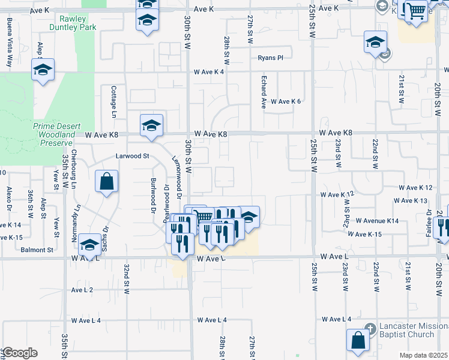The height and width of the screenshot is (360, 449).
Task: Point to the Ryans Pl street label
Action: tap(270, 58)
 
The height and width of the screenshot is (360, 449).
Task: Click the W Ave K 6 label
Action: tap(285, 101)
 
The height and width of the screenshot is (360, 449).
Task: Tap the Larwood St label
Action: tap(132, 156)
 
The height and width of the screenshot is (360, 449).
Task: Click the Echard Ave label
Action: tap(264, 91)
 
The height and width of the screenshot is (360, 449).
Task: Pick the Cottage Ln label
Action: tap(113, 101)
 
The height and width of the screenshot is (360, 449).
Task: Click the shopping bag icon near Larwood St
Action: tap(106, 182)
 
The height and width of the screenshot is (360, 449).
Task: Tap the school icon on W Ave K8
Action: tap(152, 125)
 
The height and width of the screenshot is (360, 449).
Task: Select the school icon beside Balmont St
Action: tap(89, 245)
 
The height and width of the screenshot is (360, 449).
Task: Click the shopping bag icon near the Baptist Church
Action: tap(358, 340)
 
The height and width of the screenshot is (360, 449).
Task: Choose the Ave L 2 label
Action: tap(82, 290)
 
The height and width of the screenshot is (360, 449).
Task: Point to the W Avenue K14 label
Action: tap(377, 221)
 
